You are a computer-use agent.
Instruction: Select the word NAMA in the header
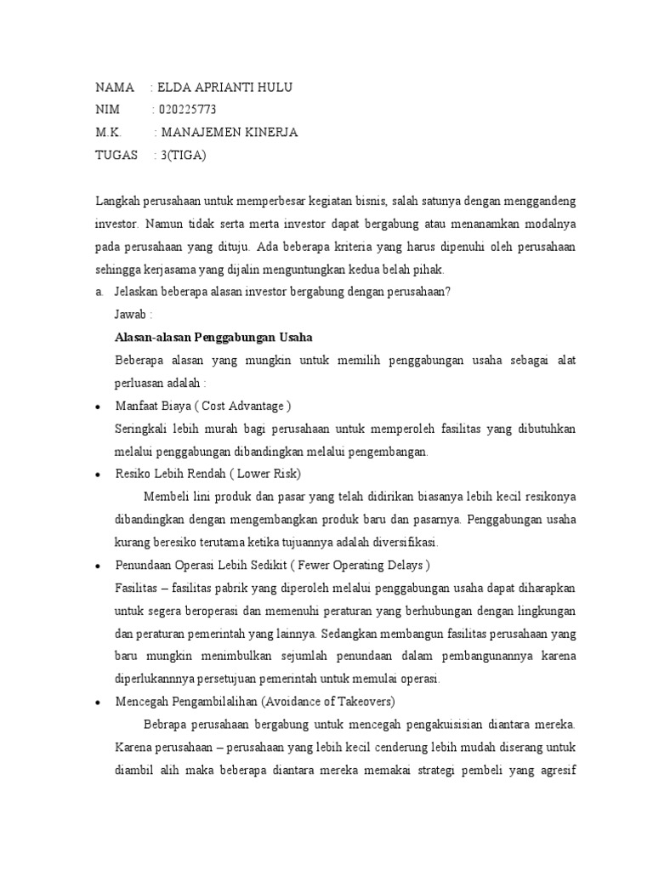pos(115,88)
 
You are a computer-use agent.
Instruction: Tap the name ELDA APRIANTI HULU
pos(225,88)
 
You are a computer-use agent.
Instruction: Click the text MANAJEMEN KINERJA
pos(230,132)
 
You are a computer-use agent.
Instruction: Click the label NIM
pos(109,110)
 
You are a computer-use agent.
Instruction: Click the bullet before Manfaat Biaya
pos(99,406)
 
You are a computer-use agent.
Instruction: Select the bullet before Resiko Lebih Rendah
pos(99,474)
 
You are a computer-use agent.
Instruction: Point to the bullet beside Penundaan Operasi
pos(99,566)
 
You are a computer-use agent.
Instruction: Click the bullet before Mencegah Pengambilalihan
pos(99,703)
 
